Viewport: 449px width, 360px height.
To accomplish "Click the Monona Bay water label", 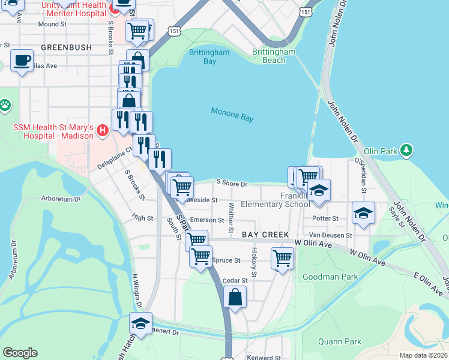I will tap(232, 115).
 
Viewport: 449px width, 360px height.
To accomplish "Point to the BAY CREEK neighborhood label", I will tap(266, 235).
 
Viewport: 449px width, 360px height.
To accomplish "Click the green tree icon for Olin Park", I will tap(407, 149).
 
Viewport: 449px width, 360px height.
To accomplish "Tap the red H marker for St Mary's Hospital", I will tap(103, 130).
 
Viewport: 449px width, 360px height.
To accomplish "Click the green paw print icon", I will tap(5, 106).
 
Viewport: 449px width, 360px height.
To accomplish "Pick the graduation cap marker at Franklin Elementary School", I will tap(319, 190).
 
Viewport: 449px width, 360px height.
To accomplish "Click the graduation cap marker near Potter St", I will tap(363, 214).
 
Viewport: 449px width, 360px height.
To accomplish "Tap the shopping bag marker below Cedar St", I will tap(235, 296).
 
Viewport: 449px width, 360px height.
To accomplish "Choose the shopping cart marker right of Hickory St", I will tap(282, 258).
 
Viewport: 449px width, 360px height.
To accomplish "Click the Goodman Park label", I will tap(330, 277).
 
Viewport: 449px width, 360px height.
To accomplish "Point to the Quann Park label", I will tap(340, 341).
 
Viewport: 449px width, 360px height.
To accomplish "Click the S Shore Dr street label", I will tap(232, 184).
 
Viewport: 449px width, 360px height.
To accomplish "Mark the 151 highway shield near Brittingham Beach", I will tap(306, 12).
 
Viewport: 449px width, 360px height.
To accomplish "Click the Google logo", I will tap(20, 352).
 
